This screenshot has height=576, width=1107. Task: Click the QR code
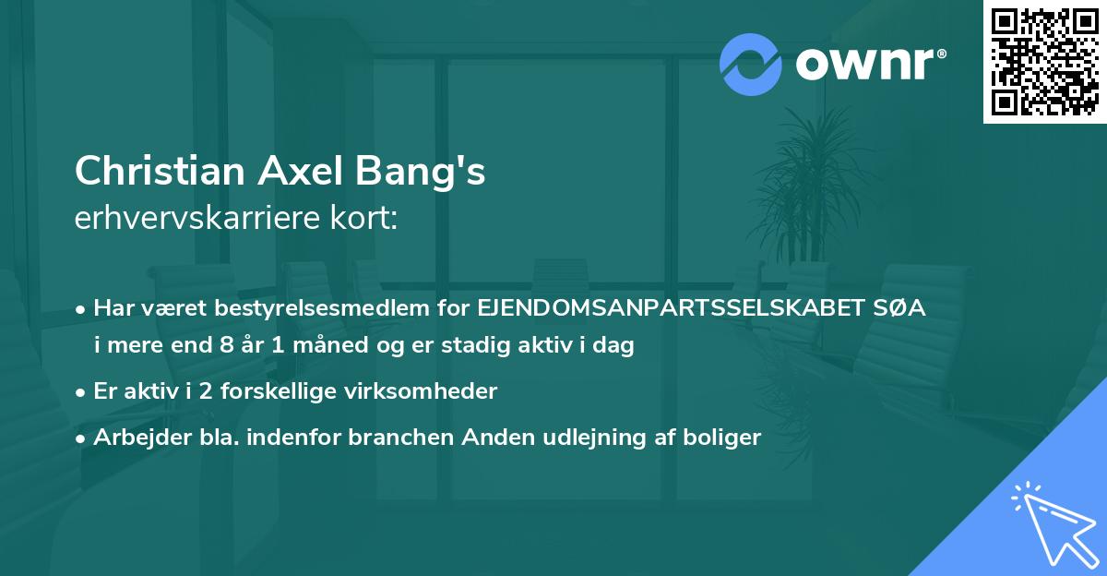(1045, 62)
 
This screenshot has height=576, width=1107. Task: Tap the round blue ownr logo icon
(751, 64)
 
